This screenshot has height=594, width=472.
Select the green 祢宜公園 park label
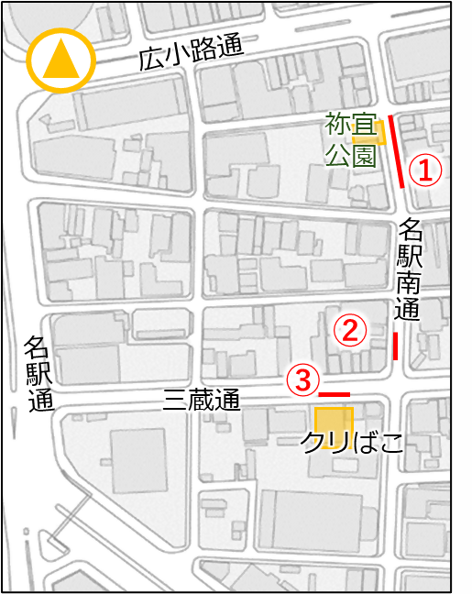(350, 139)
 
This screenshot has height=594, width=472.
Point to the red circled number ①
(425, 169)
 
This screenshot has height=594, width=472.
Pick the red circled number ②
(349, 330)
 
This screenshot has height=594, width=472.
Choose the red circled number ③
(304, 379)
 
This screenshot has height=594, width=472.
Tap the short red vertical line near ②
(395, 346)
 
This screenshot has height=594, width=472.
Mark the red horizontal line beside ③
(335, 394)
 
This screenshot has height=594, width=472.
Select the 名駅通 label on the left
(38, 373)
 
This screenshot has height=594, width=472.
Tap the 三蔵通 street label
(202, 400)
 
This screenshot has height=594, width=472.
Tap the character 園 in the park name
(364, 154)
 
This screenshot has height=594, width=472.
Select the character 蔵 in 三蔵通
(202, 400)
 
